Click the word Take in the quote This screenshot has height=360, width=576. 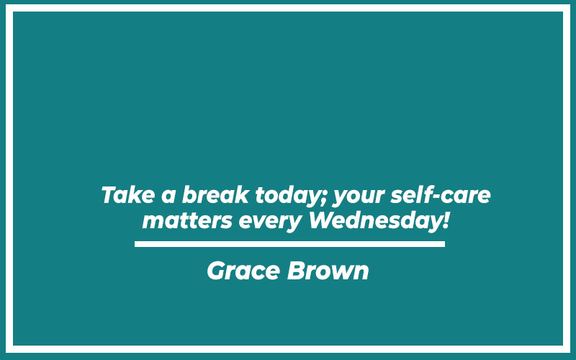(128, 194)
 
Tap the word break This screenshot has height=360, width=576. (215, 194)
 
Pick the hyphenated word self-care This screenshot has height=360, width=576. (441, 194)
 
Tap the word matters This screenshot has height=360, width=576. (187, 221)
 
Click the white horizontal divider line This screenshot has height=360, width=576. (289, 244)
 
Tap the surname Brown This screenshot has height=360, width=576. (328, 271)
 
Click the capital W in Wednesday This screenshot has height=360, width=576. (325, 220)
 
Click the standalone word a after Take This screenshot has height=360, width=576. (168, 197)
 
